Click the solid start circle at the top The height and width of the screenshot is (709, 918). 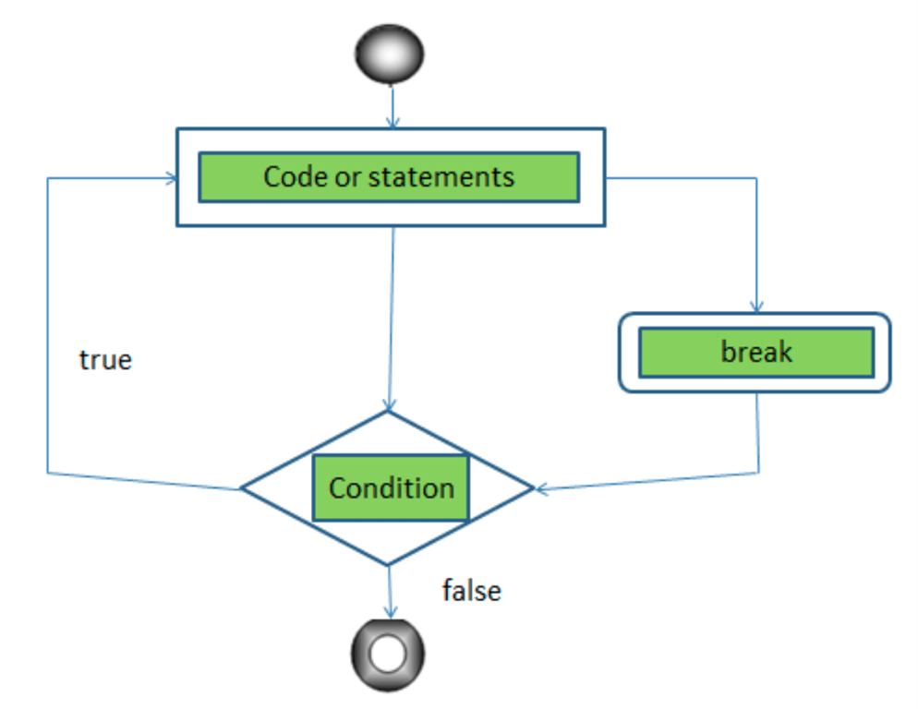389,52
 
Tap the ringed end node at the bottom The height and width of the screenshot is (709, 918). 388,655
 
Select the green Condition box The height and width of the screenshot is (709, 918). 391,487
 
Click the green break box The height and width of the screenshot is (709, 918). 755,352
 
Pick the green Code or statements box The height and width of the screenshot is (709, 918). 389,176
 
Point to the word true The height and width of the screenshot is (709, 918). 105,359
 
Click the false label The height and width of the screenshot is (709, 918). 471,590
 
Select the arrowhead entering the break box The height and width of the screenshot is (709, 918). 756,307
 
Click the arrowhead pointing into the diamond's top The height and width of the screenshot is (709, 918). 390,404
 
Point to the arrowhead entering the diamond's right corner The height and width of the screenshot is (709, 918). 541,487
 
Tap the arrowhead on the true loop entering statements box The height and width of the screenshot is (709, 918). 170,178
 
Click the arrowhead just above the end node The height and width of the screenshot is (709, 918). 390,611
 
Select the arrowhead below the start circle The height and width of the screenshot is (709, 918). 393,121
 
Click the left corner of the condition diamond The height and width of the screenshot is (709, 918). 243,488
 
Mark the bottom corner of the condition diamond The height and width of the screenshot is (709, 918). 388,564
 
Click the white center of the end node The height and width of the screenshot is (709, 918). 388,655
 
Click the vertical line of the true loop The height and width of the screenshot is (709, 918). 47,323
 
